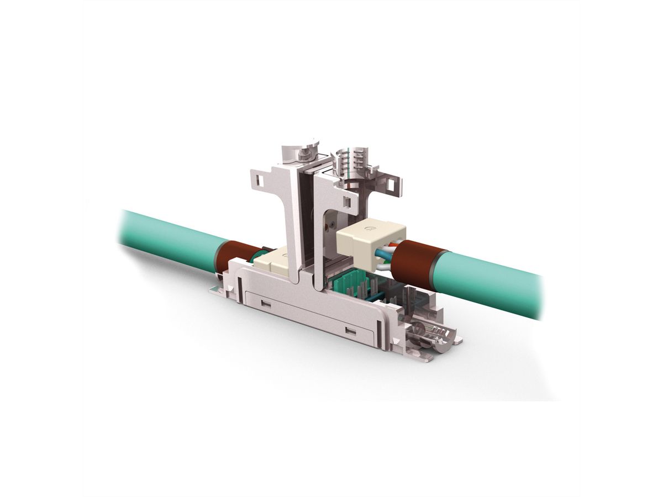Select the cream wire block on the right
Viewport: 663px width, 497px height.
362,240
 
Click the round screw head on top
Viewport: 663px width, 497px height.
301,148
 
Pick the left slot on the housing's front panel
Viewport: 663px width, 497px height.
266,303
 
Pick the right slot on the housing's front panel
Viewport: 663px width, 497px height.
350,330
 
